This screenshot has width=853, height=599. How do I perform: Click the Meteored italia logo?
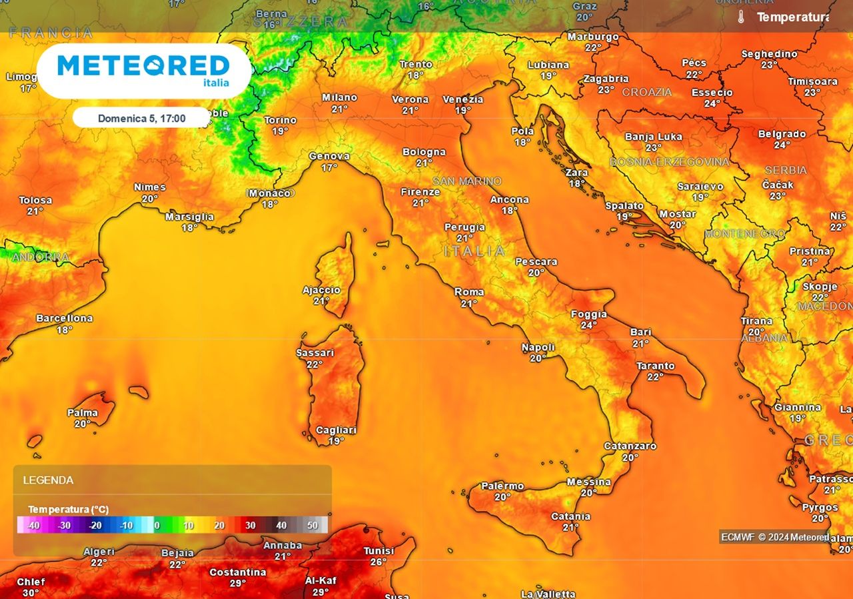coord(143,69)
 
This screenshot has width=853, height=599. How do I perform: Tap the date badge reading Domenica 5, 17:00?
coord(141,119)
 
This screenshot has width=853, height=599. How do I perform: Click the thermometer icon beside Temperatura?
coord(740,17)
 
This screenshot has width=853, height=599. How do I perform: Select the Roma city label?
coord(469,292)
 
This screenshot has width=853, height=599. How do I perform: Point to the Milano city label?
coord(340,97)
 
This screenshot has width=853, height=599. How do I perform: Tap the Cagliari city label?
coord(336,430)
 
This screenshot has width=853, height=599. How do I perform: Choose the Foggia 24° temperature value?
coord(588,326)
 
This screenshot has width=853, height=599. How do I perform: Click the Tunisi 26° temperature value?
coord(379,562)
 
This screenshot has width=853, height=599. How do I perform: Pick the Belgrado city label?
coord(782,134)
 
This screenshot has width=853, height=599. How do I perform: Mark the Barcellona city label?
coord(64,318)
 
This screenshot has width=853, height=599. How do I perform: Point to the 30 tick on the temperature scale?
coord(250,526)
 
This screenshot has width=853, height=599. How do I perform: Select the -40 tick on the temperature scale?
coord(32,526)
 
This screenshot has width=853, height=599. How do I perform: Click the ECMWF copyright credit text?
coord(774,537)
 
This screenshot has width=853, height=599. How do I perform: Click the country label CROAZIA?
coord(646,92)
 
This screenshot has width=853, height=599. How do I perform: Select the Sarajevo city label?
coord(700,187)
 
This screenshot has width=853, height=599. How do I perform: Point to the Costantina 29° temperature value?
coord(238,583)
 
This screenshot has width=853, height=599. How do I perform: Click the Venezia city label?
coord(462,99)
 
